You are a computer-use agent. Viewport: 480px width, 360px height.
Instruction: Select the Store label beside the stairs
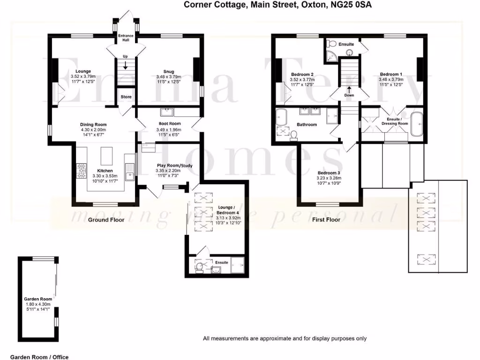pyautogui.click(x=126, y=97)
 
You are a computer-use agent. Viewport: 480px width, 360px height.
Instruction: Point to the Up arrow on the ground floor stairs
pyautogui.click(x=125, y=65)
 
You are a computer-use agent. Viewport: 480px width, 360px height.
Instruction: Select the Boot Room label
pyautogui.click(x=167, y=124)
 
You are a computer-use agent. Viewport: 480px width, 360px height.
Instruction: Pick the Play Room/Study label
pyautogui.click(x=174, y=165)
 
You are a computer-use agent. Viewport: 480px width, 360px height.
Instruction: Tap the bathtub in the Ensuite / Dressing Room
pyautogui.click(x=416, y=124)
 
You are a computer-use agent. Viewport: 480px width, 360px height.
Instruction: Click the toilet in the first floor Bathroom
pyautogui.click(x=294, y=135)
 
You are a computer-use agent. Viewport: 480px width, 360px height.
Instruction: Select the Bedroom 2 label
pyautogui.click(x=302, y=75)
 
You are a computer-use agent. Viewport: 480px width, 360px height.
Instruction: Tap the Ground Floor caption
pyautogui.click(x=106, y=219)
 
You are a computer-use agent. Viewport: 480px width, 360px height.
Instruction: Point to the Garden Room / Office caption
pyautogui.click(x=39, y=357)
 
